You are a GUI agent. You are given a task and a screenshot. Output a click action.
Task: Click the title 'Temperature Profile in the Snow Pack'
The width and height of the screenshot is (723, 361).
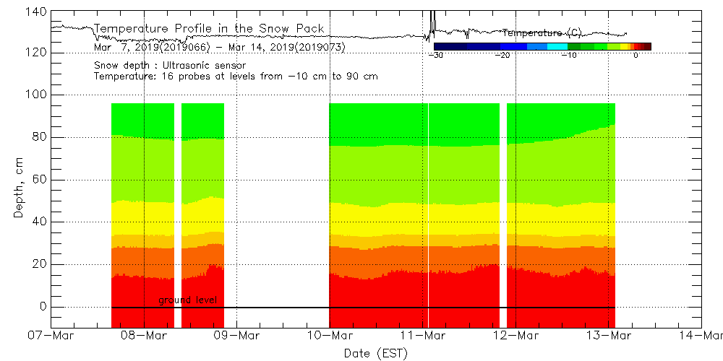[x=209, y=28]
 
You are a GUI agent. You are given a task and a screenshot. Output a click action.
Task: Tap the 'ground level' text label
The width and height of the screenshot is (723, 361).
[x=187, y=300]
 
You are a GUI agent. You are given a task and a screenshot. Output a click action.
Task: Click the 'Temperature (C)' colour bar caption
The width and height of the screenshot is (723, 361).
[x=542, y=33]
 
